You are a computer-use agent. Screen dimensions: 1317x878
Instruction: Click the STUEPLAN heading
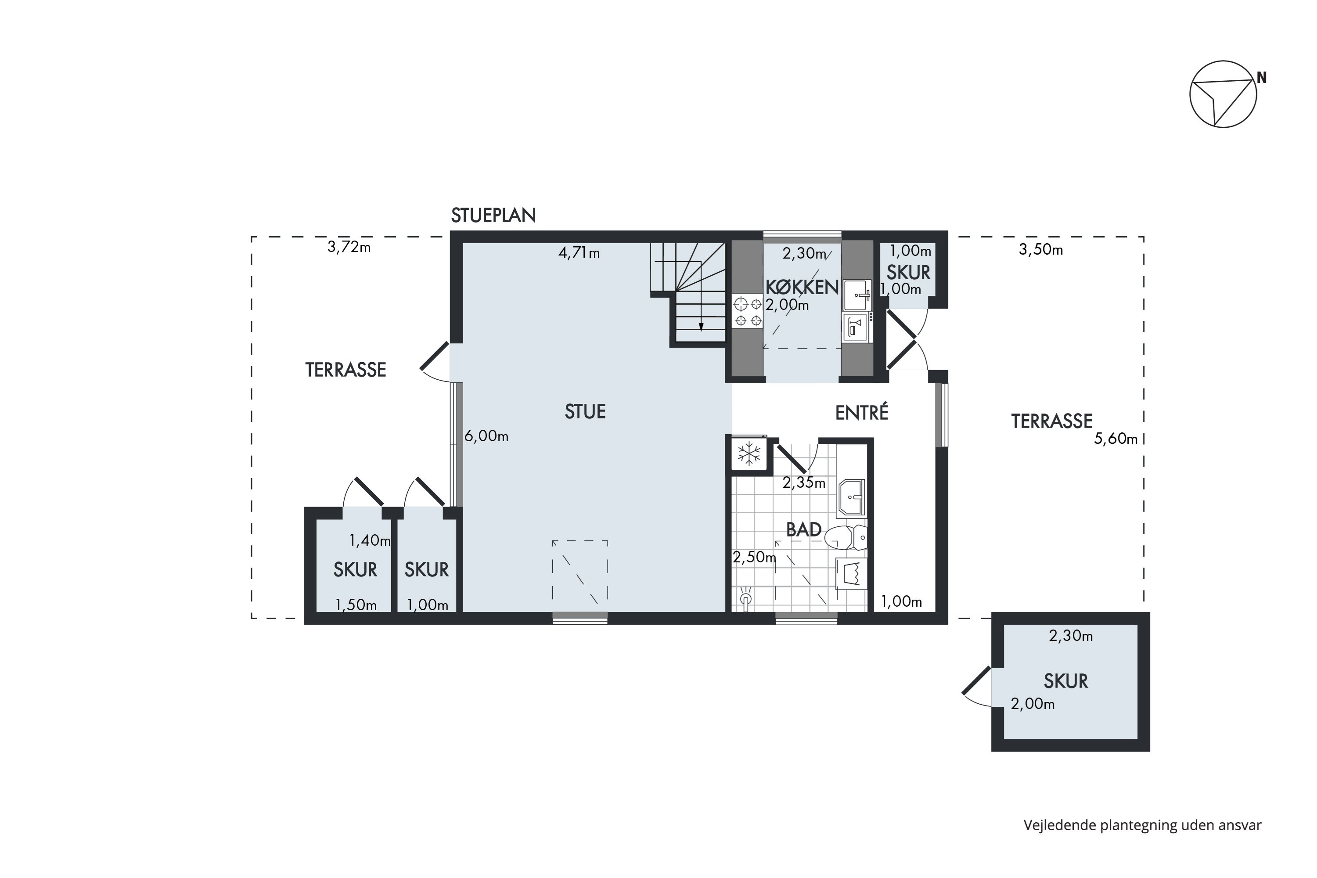[493, 215]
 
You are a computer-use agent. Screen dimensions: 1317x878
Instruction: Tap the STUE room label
[585, 412]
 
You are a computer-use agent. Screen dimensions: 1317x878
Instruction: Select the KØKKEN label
[802, 287]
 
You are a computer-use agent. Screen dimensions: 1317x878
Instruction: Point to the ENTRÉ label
[862, 413]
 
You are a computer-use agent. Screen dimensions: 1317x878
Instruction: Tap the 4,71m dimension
[579, 253]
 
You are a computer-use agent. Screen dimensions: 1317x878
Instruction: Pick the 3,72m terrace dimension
[349, 247]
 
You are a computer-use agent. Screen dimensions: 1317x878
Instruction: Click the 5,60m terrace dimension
[1116, 439]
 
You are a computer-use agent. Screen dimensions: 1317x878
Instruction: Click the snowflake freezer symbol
[748, 454]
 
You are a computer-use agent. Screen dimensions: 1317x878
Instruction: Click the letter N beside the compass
[1262, 78]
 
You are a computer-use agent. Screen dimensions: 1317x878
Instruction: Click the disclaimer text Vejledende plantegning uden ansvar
[1143, 825]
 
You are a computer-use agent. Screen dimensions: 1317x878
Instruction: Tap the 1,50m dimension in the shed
[356, 605]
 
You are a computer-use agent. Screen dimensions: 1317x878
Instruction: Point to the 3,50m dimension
[1040, 250]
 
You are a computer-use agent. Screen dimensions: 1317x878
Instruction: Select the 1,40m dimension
[370, 540]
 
